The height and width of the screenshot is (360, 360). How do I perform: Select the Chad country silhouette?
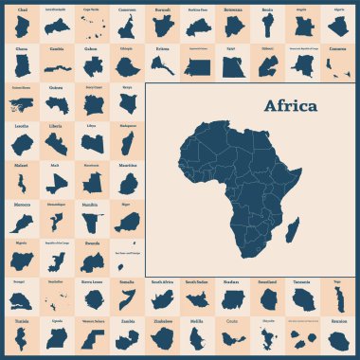click(22, 25)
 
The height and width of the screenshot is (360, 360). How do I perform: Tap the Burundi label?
click(162, 8)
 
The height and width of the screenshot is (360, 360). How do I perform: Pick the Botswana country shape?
click(232, 25)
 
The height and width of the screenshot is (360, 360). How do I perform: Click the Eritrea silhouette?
click(162, 64)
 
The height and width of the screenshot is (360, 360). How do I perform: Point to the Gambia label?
click(57, 46)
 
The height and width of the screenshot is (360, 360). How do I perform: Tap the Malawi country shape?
click(22, 182)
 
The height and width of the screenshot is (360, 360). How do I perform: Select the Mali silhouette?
click(57, 182)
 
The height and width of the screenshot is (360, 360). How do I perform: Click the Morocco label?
click(21, 203)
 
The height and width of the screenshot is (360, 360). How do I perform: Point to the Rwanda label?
click(92, 242)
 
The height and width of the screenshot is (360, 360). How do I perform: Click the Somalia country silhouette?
click(127, 301)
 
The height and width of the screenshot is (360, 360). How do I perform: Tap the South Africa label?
click(162, 281)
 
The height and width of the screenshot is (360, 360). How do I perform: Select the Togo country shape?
click(338, 300)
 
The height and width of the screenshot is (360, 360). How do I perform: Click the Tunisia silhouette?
click(22, 339)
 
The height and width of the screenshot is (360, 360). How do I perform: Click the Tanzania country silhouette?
click(302, 301)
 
